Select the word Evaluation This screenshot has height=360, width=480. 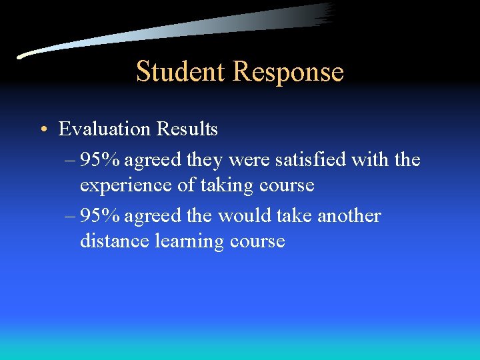coord(105,129)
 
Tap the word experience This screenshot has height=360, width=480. coord(126,186)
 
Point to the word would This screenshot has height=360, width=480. coord(251,216)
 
